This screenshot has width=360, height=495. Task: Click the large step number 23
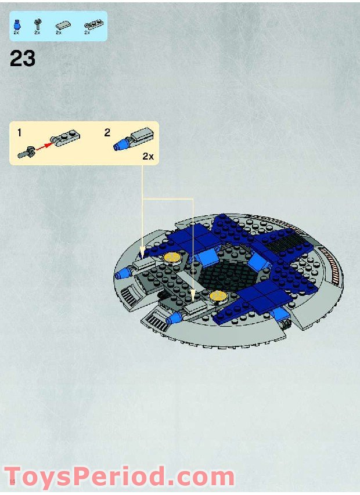coord(23,59)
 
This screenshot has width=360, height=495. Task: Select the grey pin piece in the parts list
coord(37,24)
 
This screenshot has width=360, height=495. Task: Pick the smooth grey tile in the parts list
coord(62,24)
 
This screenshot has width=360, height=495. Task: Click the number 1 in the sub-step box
coord(19,133)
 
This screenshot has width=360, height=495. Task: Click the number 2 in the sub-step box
coord(107,132)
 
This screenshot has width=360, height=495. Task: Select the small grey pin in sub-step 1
coord(26,154)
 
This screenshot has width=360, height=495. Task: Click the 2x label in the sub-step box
coord(148,157)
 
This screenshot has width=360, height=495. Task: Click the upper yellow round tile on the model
coord(172,257)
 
